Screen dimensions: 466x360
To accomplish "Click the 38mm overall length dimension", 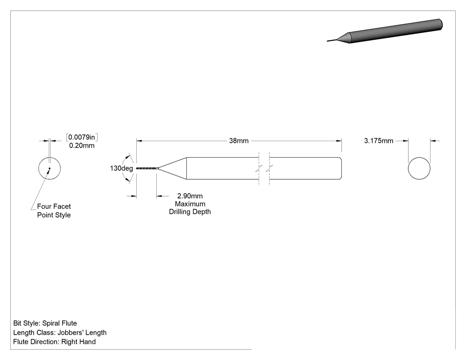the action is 239,141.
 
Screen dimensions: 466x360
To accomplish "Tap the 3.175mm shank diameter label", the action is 379,141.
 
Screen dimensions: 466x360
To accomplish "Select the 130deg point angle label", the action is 121,168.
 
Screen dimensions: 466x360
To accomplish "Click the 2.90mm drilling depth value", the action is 190,196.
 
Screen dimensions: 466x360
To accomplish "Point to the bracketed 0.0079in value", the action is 82,137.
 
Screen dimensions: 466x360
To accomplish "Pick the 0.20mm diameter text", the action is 82,146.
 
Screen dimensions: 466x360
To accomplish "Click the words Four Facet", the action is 54,206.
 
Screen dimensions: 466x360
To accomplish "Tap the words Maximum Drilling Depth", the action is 190,208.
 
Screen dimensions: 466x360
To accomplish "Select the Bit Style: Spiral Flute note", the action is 45,323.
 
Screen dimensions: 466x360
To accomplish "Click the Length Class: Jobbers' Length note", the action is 60,332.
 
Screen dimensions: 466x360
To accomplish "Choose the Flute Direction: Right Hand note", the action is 55,342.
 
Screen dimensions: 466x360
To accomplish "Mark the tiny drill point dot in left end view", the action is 50,168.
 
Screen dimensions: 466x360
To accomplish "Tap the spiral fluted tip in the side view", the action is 147,169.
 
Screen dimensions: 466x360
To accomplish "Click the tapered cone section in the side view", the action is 172,168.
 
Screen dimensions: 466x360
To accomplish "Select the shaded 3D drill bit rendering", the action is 385,31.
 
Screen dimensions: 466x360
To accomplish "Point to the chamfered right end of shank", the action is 340,168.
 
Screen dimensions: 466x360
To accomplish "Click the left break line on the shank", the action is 259,168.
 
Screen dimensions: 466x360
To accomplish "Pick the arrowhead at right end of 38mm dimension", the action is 339,141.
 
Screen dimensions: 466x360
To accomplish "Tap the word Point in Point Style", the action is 45,215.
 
